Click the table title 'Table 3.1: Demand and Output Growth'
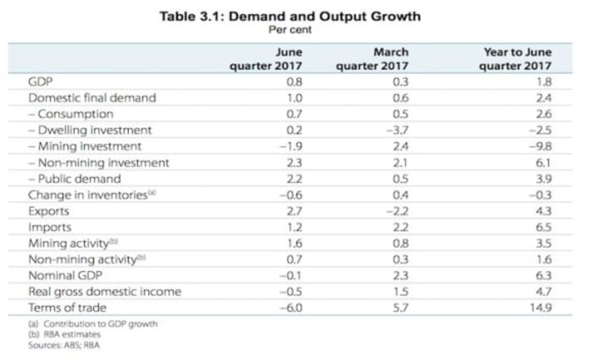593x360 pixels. click(290, 16)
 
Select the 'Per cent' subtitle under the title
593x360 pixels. click(290, 30)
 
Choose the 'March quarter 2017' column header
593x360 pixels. click(372, 59)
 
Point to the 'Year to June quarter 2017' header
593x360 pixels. click(516, 59)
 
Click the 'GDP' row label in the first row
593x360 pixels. click(40, 82)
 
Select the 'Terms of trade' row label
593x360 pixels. click(67, 308)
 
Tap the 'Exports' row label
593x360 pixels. click(49, 211)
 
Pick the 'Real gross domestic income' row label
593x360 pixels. click(104, 292)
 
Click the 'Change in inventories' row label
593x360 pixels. click(88, 195)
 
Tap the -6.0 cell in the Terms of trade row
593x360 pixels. click(292, 308)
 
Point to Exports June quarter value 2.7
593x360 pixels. click(295, 211)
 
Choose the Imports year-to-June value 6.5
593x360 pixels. click(544, 228)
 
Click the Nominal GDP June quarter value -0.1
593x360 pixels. click(293, 276)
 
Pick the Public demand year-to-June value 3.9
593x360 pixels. click(544, 179)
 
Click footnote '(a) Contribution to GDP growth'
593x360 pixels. click(93, 324)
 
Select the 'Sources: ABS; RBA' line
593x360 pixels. click(63, 346)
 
